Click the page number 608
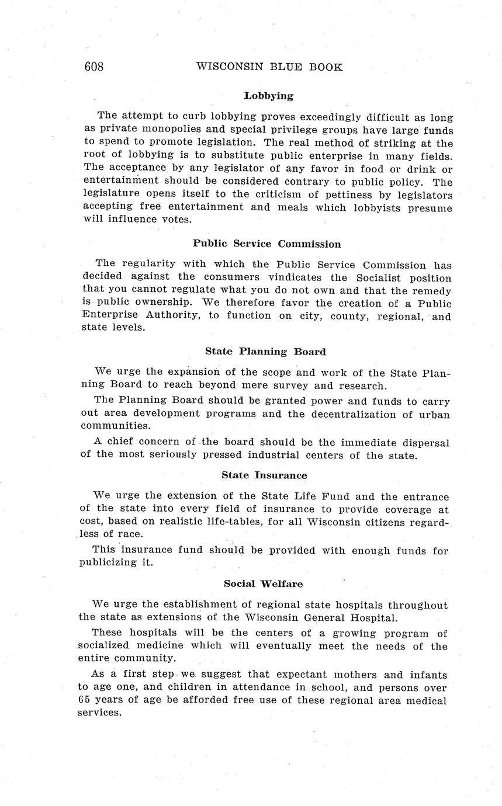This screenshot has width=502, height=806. (94, 67)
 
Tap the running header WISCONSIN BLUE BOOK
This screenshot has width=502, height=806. (269, 67)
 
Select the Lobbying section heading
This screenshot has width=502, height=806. (268, 95)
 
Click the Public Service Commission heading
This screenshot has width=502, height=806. (267, 244)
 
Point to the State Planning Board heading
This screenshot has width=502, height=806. (265, 352)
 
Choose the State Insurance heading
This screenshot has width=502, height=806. (264, 475)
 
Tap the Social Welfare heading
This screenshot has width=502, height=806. (264, 583)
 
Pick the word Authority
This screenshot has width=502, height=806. (164, 315)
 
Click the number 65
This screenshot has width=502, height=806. (85, 700)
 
